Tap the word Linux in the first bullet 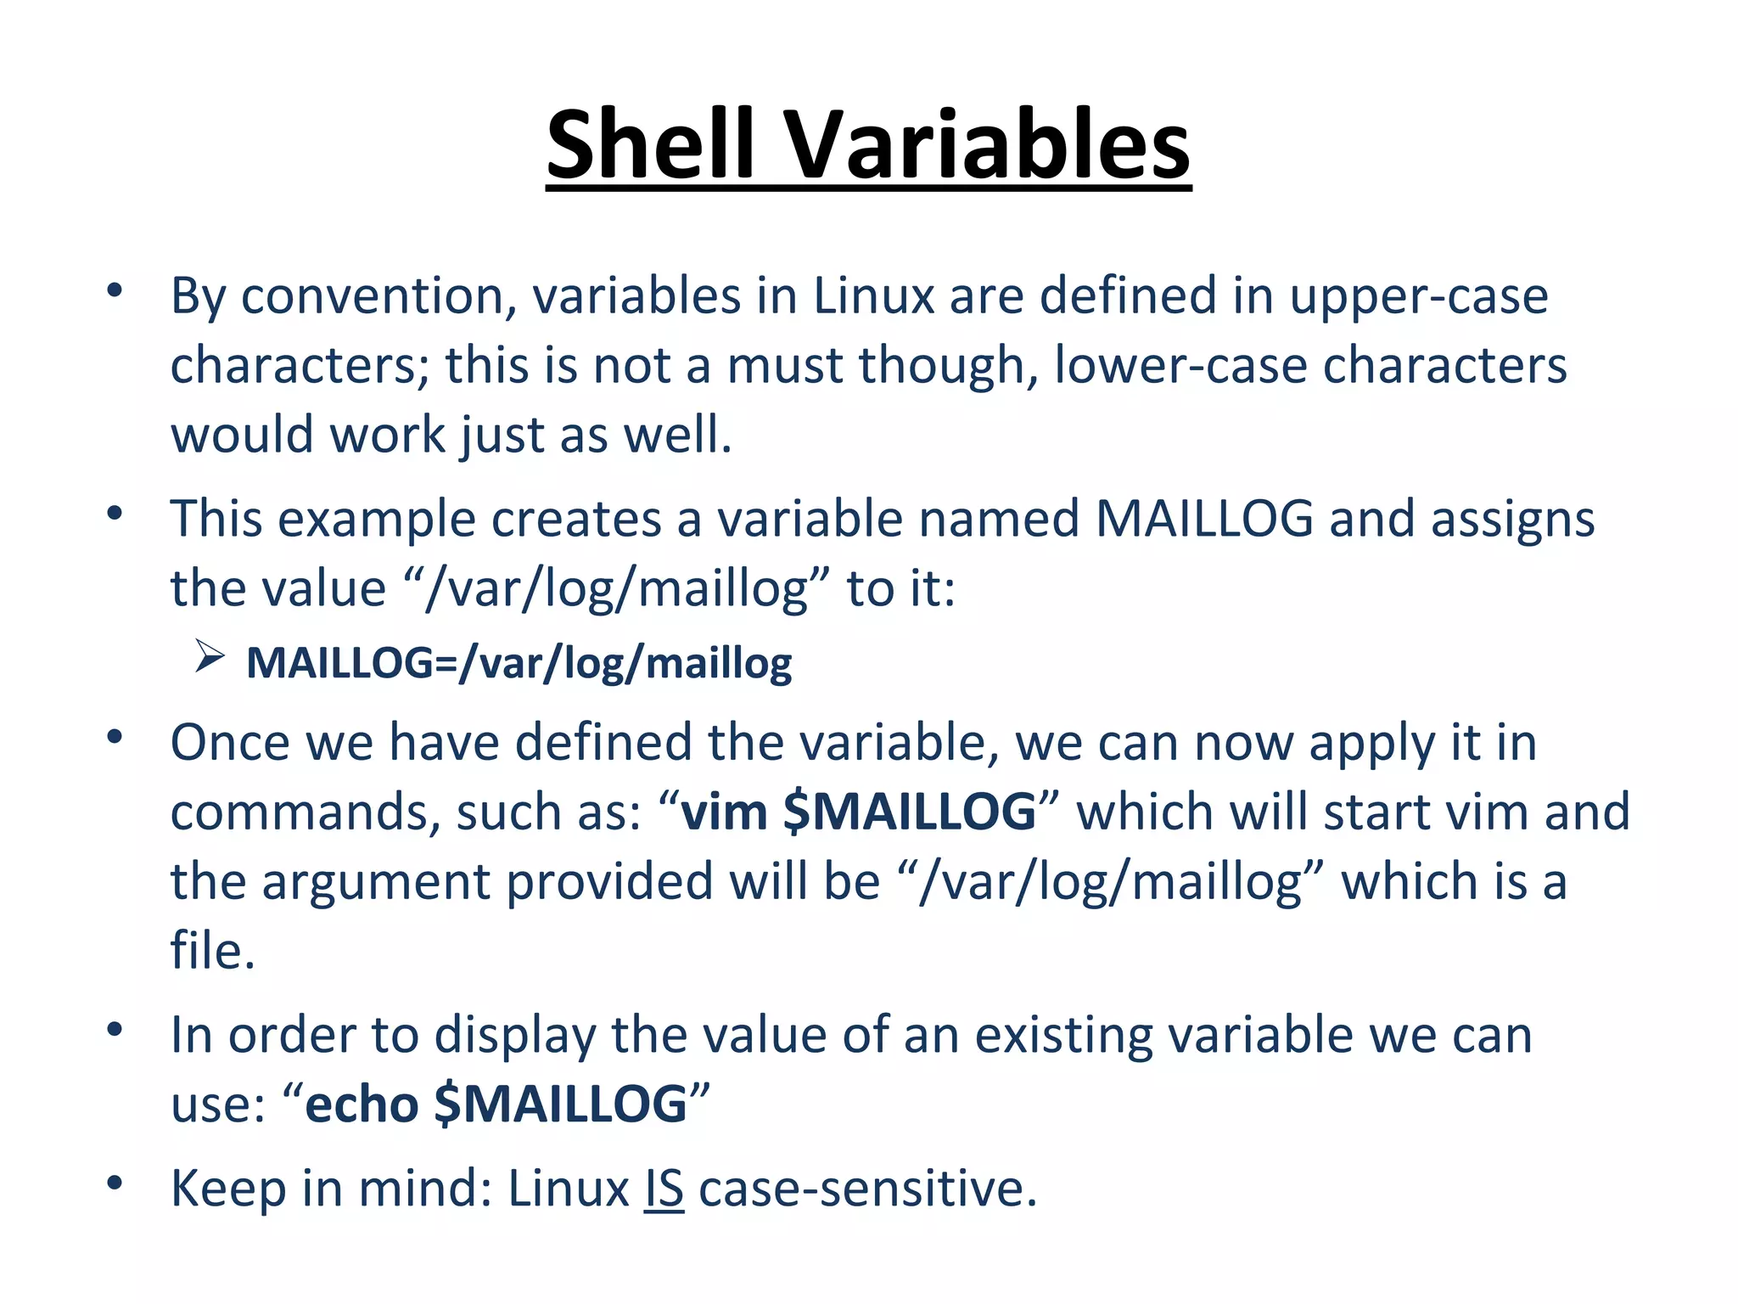point(873,296)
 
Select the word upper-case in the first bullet point(1419,296)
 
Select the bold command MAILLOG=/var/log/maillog point(519,663)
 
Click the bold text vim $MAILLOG point(858,812)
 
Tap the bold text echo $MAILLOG point(496,1104)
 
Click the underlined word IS point(664,1189)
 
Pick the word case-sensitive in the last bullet point(867,1189)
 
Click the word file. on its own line point(212,951)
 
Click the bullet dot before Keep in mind point(115,1183)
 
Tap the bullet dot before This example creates point(115,514)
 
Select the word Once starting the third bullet point(230,743)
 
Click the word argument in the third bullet point(376,881)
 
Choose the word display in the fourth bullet point(515,1036)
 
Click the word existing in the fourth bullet point(1063,1036)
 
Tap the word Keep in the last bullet point(228,1189)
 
